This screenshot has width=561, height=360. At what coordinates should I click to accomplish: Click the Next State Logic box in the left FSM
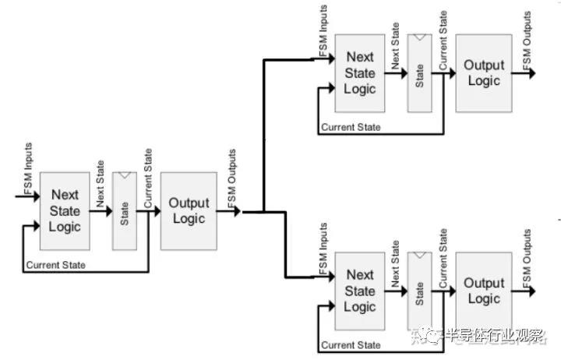[x=65, y=210]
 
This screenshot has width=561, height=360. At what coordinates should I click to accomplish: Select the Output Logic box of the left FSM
[x=189, y=210]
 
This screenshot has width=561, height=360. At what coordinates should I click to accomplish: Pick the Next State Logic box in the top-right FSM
[x=360, y=73]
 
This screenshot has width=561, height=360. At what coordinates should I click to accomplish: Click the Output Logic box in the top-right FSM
[x=484, y=72]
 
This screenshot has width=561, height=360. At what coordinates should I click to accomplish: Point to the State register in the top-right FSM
[x=420, y=75]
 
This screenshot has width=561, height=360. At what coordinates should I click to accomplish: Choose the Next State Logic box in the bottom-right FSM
[x=360, y=291]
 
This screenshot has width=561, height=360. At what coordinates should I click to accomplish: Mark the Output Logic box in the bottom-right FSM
[x=484, y=291]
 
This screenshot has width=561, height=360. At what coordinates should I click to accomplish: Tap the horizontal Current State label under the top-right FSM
[x=351, y=127]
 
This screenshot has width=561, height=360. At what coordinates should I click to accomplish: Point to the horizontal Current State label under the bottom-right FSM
[x=351, y=345]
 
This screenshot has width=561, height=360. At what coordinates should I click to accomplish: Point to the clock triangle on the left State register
[x=125, y=177]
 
